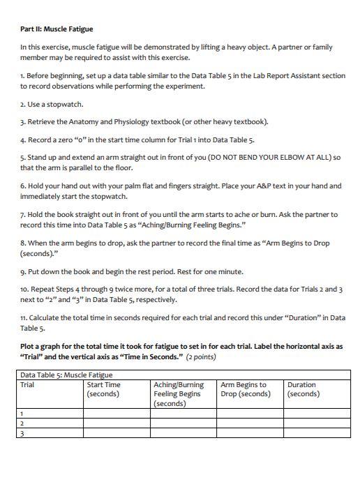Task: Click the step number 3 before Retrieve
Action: click(22, 122)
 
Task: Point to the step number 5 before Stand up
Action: click(22, 157)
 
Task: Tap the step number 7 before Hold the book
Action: click(22, 214)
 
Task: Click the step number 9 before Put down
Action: click(22, 272)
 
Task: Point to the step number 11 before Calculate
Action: click(24, 318)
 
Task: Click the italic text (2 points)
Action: click(201, 356)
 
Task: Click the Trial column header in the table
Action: click(28, 384)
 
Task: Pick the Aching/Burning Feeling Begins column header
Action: click(178, 393)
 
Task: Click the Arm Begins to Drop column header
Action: click(245, 389)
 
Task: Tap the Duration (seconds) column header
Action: click(303, 389)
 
